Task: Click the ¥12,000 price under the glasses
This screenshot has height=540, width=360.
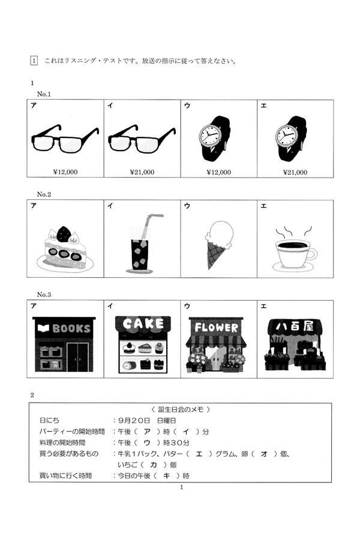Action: coord(65,172)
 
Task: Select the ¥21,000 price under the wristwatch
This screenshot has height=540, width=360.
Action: coord(295,172)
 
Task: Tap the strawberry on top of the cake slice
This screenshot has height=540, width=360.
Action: coord(64,234)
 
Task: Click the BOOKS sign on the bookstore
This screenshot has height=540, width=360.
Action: coord(64,328)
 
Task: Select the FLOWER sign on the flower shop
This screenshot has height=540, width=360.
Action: coord(217,327)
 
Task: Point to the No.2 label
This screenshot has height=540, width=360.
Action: coord(44,194)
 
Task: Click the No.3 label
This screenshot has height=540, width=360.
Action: coord(44,295)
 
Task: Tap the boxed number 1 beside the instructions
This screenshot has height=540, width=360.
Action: coord(34,61)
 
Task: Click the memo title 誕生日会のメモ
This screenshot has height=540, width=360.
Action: coord(181,409)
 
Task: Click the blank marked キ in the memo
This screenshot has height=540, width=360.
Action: coord(167,476)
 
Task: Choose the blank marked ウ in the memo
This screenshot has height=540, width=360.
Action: coord(147,443)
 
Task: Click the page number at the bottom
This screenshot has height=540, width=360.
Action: coord(182,487)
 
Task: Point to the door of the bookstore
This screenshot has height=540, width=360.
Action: coord(78,357)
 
